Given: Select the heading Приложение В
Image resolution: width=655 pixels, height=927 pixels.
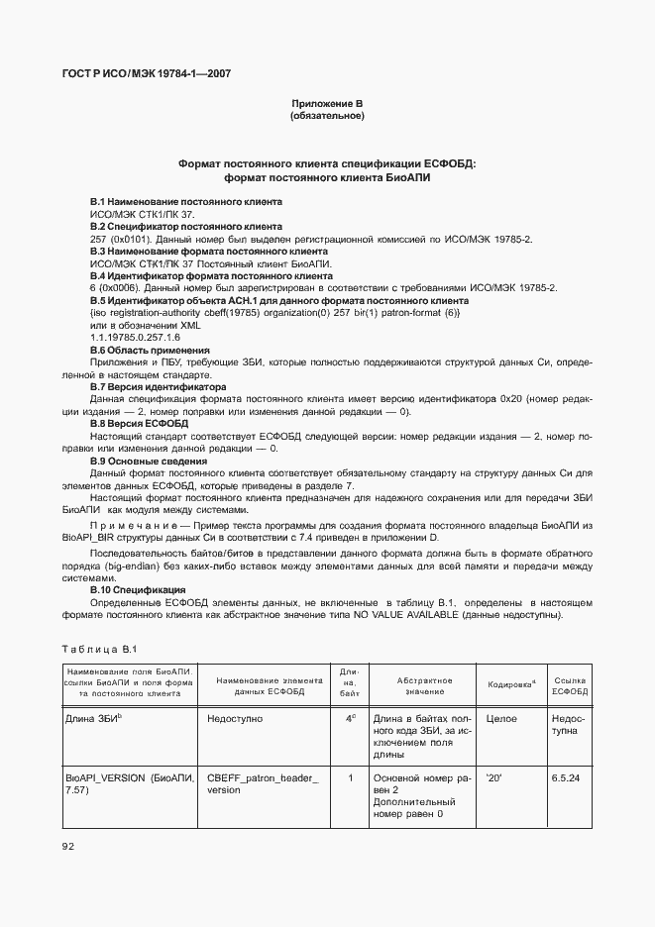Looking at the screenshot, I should click(327, 103).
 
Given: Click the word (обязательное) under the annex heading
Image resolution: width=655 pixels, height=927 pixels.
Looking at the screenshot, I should click(327, 116).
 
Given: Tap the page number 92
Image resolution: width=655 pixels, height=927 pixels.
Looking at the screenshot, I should click(67, 845).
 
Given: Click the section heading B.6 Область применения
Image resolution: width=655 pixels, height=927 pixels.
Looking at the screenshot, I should click(150, 350).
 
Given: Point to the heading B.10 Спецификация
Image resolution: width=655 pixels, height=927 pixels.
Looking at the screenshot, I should click(144, 589).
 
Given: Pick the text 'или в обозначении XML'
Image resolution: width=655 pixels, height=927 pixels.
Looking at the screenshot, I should click(145, 325).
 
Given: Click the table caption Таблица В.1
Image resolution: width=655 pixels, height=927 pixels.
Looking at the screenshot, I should click(97, 648).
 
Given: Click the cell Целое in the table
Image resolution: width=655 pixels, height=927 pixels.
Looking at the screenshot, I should click(501, 719).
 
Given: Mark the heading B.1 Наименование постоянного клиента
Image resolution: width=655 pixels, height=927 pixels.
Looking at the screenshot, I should click(172, 201).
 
